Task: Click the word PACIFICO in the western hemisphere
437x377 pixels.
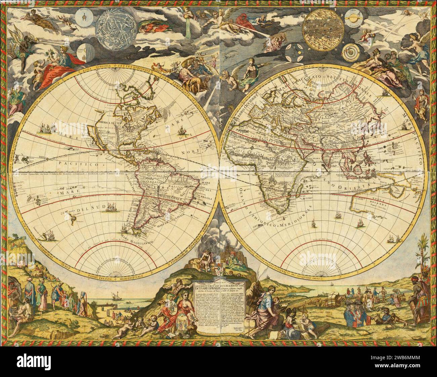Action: tap(72, 164)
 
